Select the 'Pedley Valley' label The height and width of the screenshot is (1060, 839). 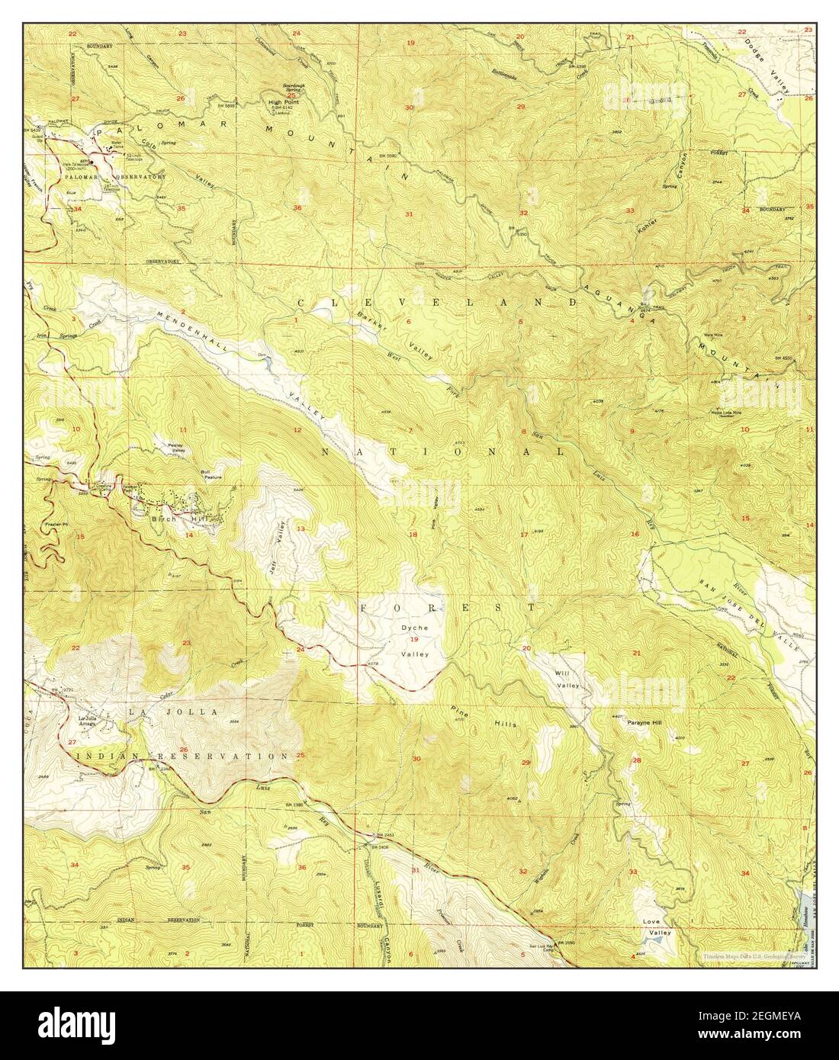168,451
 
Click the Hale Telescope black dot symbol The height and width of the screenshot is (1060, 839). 92,161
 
